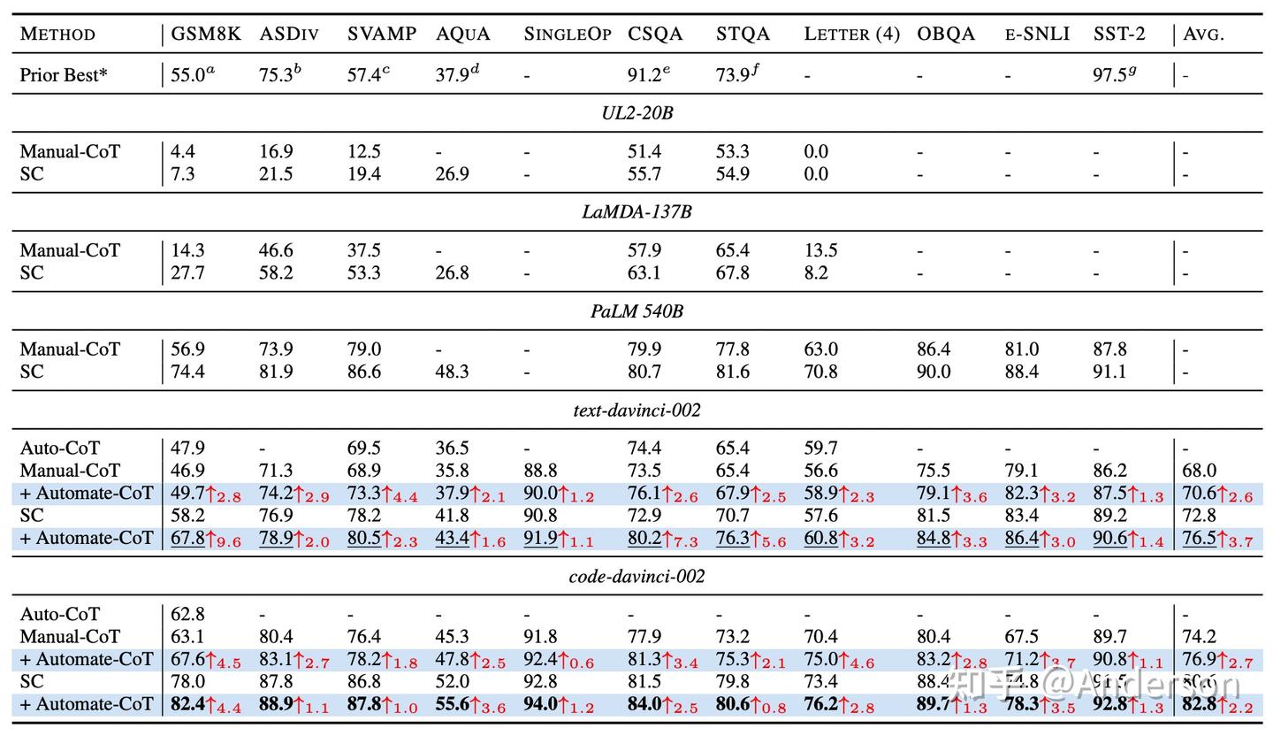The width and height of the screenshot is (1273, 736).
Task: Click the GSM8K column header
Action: (205, 34)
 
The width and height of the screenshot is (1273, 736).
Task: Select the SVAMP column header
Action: (381, 34)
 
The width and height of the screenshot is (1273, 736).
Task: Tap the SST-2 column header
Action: (1118, 34)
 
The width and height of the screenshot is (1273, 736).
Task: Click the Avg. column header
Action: (1203, 34)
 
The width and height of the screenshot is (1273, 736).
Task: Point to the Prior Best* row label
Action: (64, 75)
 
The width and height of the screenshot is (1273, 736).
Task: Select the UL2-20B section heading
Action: (636, 113)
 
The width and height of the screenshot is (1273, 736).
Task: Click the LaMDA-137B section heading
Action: (636, 212)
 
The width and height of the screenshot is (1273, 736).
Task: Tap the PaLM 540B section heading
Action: (636, 311)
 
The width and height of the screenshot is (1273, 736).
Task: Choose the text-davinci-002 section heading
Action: (636, 410)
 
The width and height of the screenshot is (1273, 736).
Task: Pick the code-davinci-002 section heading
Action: (636, 577)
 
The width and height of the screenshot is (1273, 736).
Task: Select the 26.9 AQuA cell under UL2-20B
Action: (452, 174)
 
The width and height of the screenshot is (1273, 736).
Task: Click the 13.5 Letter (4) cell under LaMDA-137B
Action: (820, 250)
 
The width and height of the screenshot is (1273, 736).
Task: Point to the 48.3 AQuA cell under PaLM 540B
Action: (452, 372)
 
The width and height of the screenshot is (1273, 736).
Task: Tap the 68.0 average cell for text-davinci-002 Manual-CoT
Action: (1200, 471)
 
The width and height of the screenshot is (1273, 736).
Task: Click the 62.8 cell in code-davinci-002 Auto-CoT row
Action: (187, 614)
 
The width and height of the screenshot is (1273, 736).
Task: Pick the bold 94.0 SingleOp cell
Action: (540, 704)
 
